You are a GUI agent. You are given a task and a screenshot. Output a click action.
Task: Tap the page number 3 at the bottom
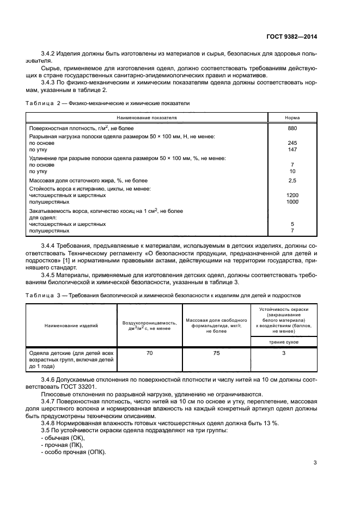click(315, 463)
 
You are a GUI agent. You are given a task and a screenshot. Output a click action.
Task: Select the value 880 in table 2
click(292, 128)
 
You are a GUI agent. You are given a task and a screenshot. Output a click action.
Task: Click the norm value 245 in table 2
click(292, 143)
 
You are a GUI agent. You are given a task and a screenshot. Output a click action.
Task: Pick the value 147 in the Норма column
click(292, 149)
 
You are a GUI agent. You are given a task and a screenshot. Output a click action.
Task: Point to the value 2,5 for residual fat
click(292, 180)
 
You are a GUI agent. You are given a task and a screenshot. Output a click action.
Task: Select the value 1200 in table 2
click(292, 195)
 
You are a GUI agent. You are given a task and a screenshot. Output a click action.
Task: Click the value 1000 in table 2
click(292, 201)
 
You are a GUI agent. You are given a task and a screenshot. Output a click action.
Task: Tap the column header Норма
click(292, 117)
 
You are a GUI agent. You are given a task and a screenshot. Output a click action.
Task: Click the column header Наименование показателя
click(146, 117)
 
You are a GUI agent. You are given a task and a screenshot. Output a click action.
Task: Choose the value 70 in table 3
click(149, 353)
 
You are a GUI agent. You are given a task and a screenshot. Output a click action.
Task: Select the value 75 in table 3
click(216, 353)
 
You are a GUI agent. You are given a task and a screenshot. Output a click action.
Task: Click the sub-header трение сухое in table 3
click(283, 341)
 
